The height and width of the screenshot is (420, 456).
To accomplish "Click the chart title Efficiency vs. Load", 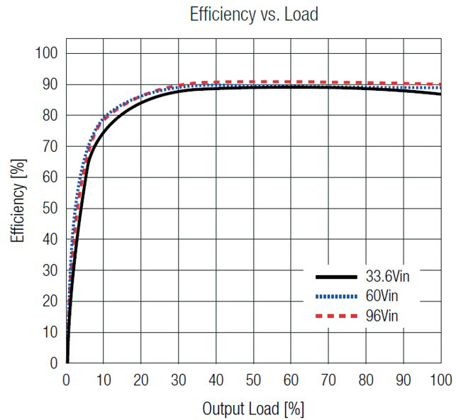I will (x=252, y=15).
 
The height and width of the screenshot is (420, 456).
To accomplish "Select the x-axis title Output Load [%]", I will (x=252, y=409).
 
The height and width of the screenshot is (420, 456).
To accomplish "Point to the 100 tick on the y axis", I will (x=47, y=54).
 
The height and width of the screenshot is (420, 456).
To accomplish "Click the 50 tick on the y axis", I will (x=50, y=209).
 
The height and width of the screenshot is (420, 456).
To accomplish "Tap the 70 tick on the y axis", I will (x=50, y=147).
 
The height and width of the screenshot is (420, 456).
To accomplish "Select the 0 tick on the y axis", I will (x=54, y=363).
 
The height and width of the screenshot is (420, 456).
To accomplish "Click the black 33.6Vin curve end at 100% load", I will (x=440, y=94).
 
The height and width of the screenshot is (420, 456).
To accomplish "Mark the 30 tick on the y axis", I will (x=50, y=270).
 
